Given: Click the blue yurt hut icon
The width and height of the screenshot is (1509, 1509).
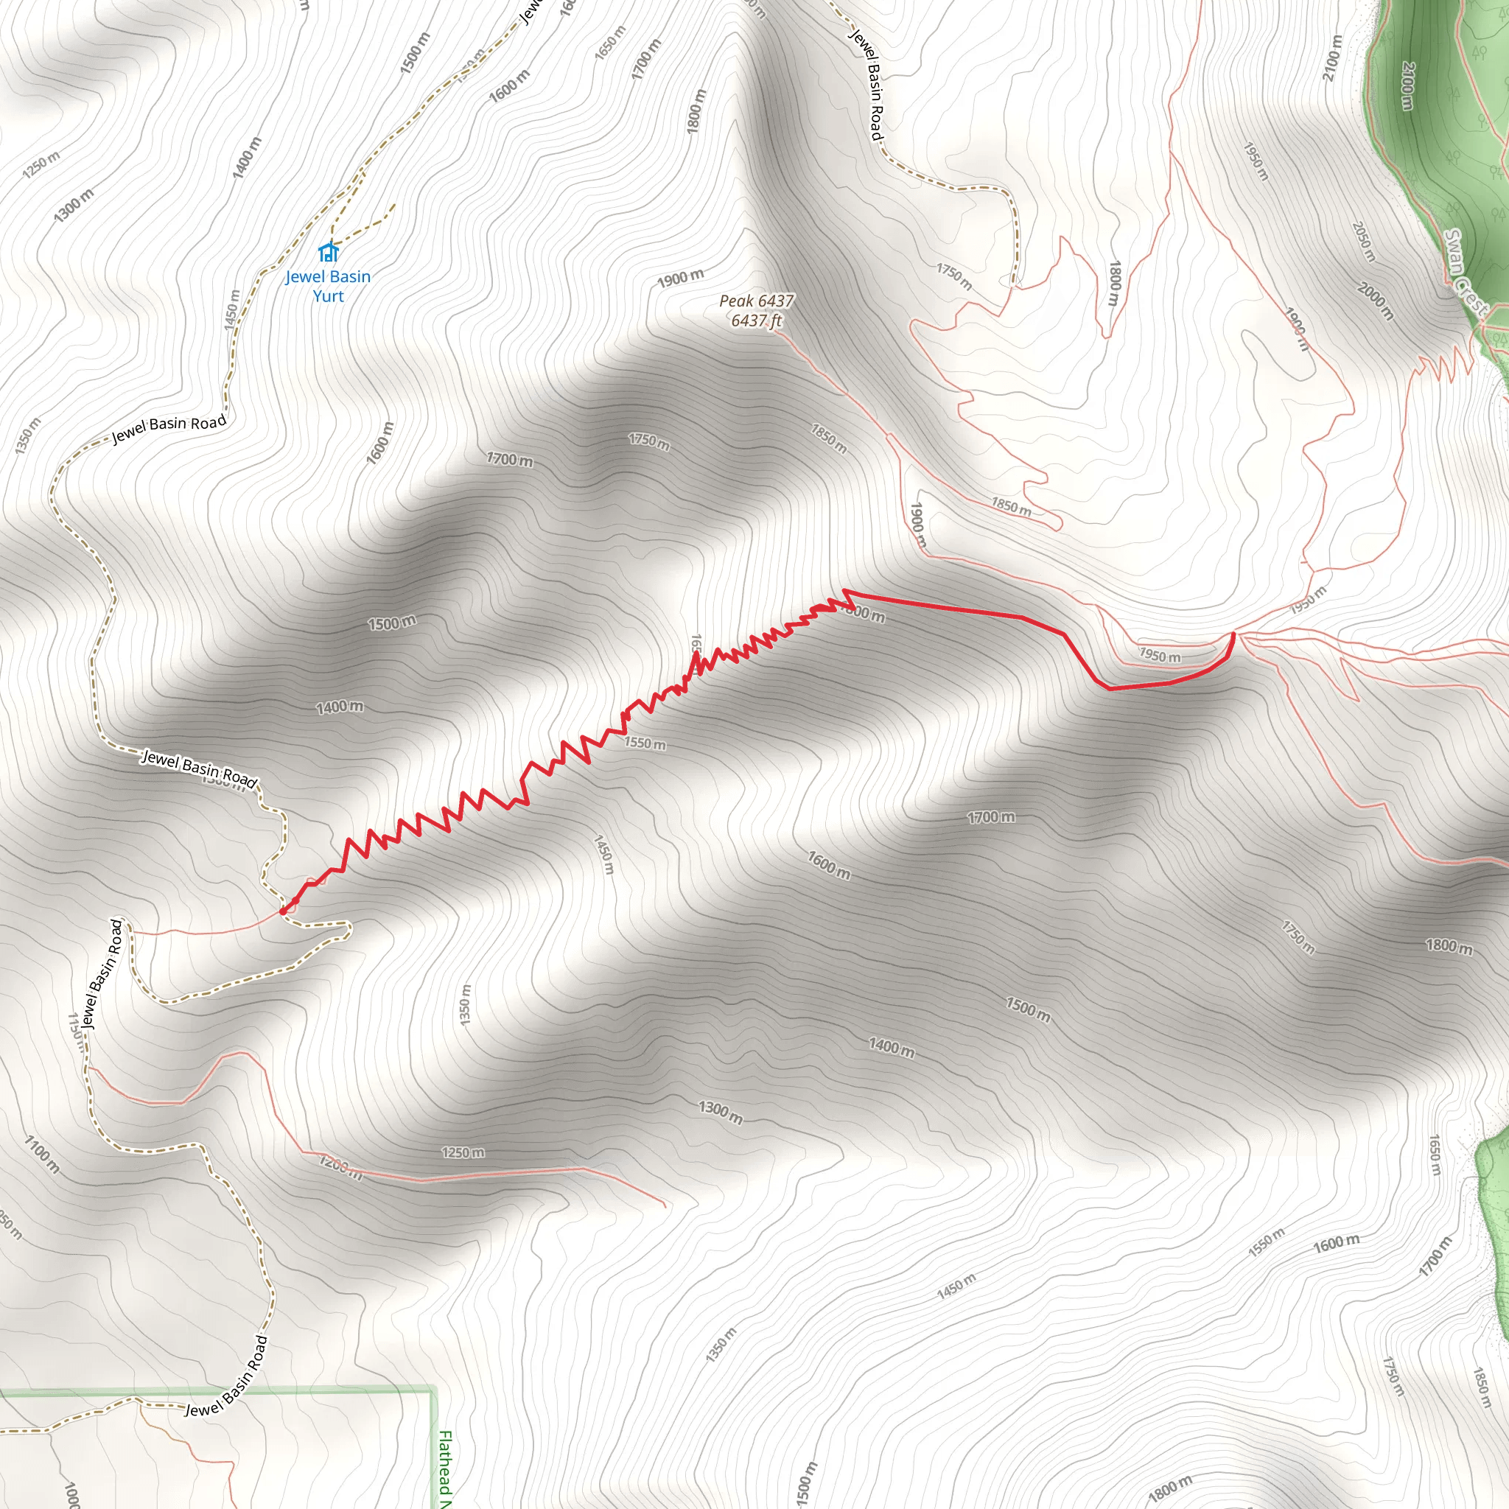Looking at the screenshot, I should coord(328,252).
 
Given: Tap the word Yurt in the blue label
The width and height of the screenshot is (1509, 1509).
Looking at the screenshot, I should coord(328,296).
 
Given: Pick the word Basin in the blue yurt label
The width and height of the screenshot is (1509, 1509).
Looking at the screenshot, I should coord(350,276).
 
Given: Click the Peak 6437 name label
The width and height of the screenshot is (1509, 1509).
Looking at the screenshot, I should coord(756,301).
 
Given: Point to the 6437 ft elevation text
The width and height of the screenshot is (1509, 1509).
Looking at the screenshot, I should coord(756,321).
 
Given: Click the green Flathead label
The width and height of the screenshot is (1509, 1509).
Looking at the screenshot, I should coord(444,1468).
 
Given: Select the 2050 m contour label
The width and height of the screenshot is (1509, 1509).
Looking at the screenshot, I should coord(1363,242).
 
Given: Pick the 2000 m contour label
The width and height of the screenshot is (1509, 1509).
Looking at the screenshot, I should coord(1376,301).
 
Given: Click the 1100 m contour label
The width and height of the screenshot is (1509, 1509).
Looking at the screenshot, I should coord(41,1155).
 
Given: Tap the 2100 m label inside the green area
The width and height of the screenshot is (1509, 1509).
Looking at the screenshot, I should coord(1407,86).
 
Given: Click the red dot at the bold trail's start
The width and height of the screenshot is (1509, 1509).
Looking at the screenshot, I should coord(283,911).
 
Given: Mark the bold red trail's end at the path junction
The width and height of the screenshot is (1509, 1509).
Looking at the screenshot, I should coord(1233,634).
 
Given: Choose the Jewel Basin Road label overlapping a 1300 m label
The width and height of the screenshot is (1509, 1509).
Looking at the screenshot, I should coord(199,769).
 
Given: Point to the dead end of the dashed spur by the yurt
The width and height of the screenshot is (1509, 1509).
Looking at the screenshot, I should coord(395,205).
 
